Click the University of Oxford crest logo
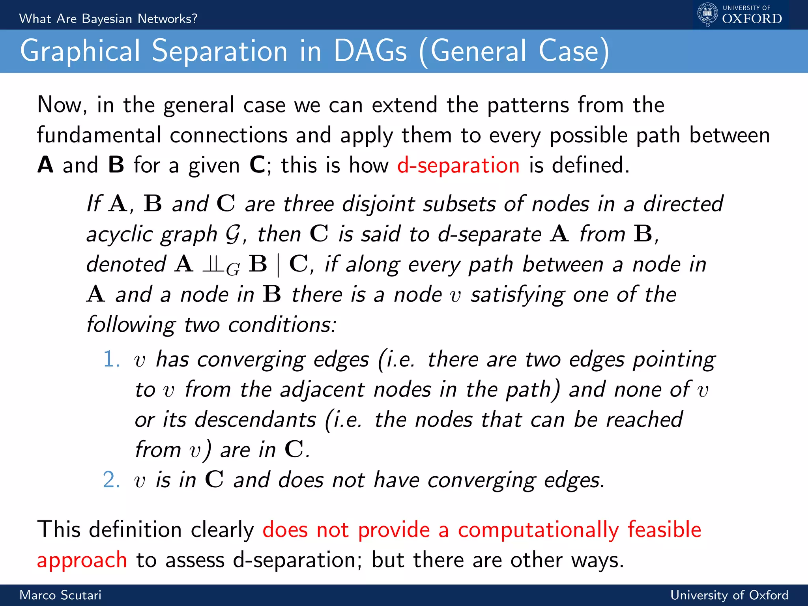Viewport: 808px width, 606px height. (707, 15)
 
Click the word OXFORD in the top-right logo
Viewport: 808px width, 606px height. (752, 19)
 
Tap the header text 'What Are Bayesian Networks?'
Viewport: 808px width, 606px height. (108, 19)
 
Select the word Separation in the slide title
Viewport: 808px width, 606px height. (220, 51)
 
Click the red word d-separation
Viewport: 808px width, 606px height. (458, 165)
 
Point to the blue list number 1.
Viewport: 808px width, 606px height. (111, 359)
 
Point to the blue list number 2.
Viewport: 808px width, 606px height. (111, 480)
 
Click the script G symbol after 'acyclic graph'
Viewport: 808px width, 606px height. (232, 234)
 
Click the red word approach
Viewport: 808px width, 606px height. (82, 560)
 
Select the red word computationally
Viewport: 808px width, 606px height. (538, 530)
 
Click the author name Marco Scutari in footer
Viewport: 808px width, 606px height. (60, 595)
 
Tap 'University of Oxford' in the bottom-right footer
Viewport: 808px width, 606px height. (729, 595)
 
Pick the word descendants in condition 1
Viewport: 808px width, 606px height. (255, 419)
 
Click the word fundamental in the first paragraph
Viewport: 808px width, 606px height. (99, 135)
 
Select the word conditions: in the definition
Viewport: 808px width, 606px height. (282, 325)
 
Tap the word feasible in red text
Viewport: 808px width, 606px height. (664, 530)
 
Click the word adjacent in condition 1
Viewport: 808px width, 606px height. (322, 390)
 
